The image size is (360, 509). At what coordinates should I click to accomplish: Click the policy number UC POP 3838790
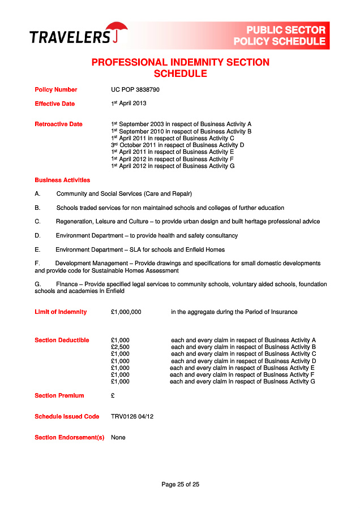click(x=135, y=89)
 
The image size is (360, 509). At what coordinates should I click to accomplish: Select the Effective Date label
click(x=54, y=103)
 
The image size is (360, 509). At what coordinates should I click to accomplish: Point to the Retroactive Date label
click(x=58, y=124)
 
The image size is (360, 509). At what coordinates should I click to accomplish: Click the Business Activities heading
click(x=62, y=180)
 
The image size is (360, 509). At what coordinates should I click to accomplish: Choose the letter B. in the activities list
click(x=37, y=208)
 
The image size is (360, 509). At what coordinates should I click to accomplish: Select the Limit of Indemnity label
click(x=61, y=312)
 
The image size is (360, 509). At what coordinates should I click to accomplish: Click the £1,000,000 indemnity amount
click(x=126, y=312)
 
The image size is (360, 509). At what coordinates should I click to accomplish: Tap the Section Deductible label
click(x=62, y=340)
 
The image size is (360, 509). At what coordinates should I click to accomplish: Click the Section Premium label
click(x=59, y=395)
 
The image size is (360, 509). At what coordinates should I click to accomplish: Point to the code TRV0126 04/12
click(x=132, y=416)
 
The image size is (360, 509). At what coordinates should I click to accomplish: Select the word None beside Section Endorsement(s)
click(x=118, y=437)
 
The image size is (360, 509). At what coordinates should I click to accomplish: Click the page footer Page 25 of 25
click(x=181, y=484)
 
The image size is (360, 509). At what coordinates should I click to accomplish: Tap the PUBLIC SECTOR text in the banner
click(x=286, y=30)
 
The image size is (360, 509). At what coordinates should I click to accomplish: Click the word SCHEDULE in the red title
click(x=181, y=74)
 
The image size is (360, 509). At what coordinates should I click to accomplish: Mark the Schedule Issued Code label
click(x=67, y=416)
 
